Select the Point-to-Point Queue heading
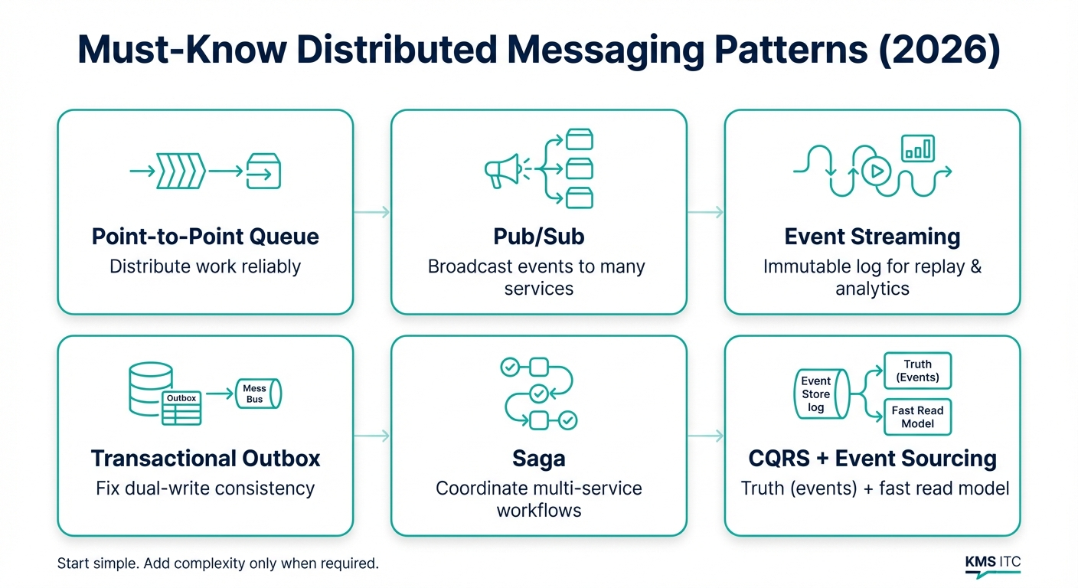click(x=205, y=237)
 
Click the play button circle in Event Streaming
click(x=876, y=171)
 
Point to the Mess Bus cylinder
click(x=257, y=394)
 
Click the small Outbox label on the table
click(x=181, y=398)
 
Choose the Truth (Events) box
click(x=917, y=371)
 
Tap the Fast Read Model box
click(x=917, y=417)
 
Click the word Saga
click(x=538, y=459)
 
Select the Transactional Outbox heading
click(x=205, y=459)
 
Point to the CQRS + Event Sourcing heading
click(x=872, y=459)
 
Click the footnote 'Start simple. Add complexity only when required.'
click(x=218, y=564)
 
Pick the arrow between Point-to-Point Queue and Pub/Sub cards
click(x=372, y=212)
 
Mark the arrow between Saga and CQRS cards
click(x=705, y=436)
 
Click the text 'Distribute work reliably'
click(x=205, y=266)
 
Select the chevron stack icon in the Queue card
click(x=180, y=171)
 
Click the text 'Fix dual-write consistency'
click(x=205, y=488)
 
